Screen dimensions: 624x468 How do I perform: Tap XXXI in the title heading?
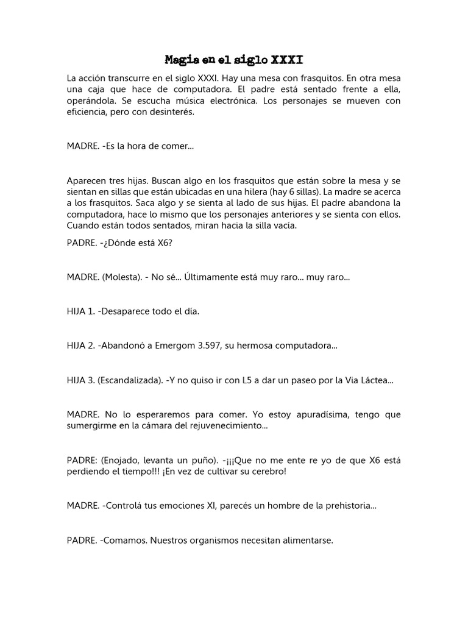[286, 60]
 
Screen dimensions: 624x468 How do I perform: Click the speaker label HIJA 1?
[81, 311]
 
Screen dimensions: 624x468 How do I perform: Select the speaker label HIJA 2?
[81, 346]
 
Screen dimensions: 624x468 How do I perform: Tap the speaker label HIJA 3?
[81, 380]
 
